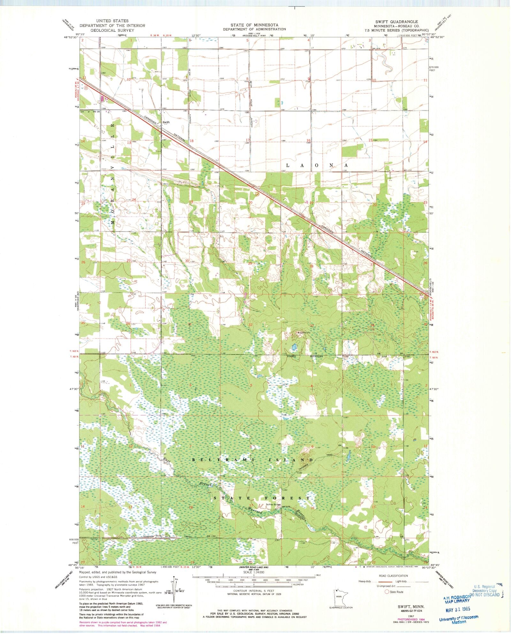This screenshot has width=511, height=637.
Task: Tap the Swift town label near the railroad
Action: (166, 122)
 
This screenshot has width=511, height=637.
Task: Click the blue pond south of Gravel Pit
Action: (294, 346)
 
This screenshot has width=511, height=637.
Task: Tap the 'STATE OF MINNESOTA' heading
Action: (255, 25)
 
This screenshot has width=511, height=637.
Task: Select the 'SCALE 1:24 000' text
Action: (255, 581)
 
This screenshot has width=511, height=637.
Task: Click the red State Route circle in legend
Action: (387, 592)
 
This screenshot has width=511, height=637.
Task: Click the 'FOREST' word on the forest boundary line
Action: (292, 356)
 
